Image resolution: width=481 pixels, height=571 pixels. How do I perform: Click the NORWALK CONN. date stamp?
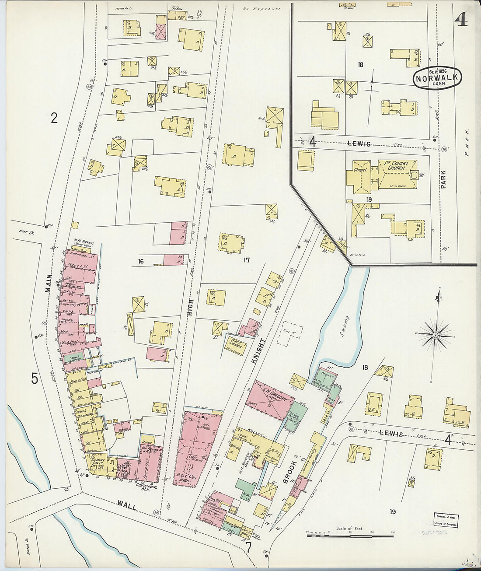[x=438, y=78]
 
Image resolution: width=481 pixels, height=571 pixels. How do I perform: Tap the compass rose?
[x=436, y=335]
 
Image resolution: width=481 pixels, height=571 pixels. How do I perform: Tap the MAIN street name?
[x=48, y=284]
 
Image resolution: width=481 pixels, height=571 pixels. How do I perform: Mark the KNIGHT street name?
[x=258, y=350]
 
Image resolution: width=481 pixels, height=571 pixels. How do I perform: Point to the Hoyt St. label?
[x=26, y=232]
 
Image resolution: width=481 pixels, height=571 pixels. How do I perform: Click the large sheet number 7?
[x=248, y=547]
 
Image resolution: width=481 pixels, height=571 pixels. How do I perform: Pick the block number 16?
[x=141, y=261]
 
